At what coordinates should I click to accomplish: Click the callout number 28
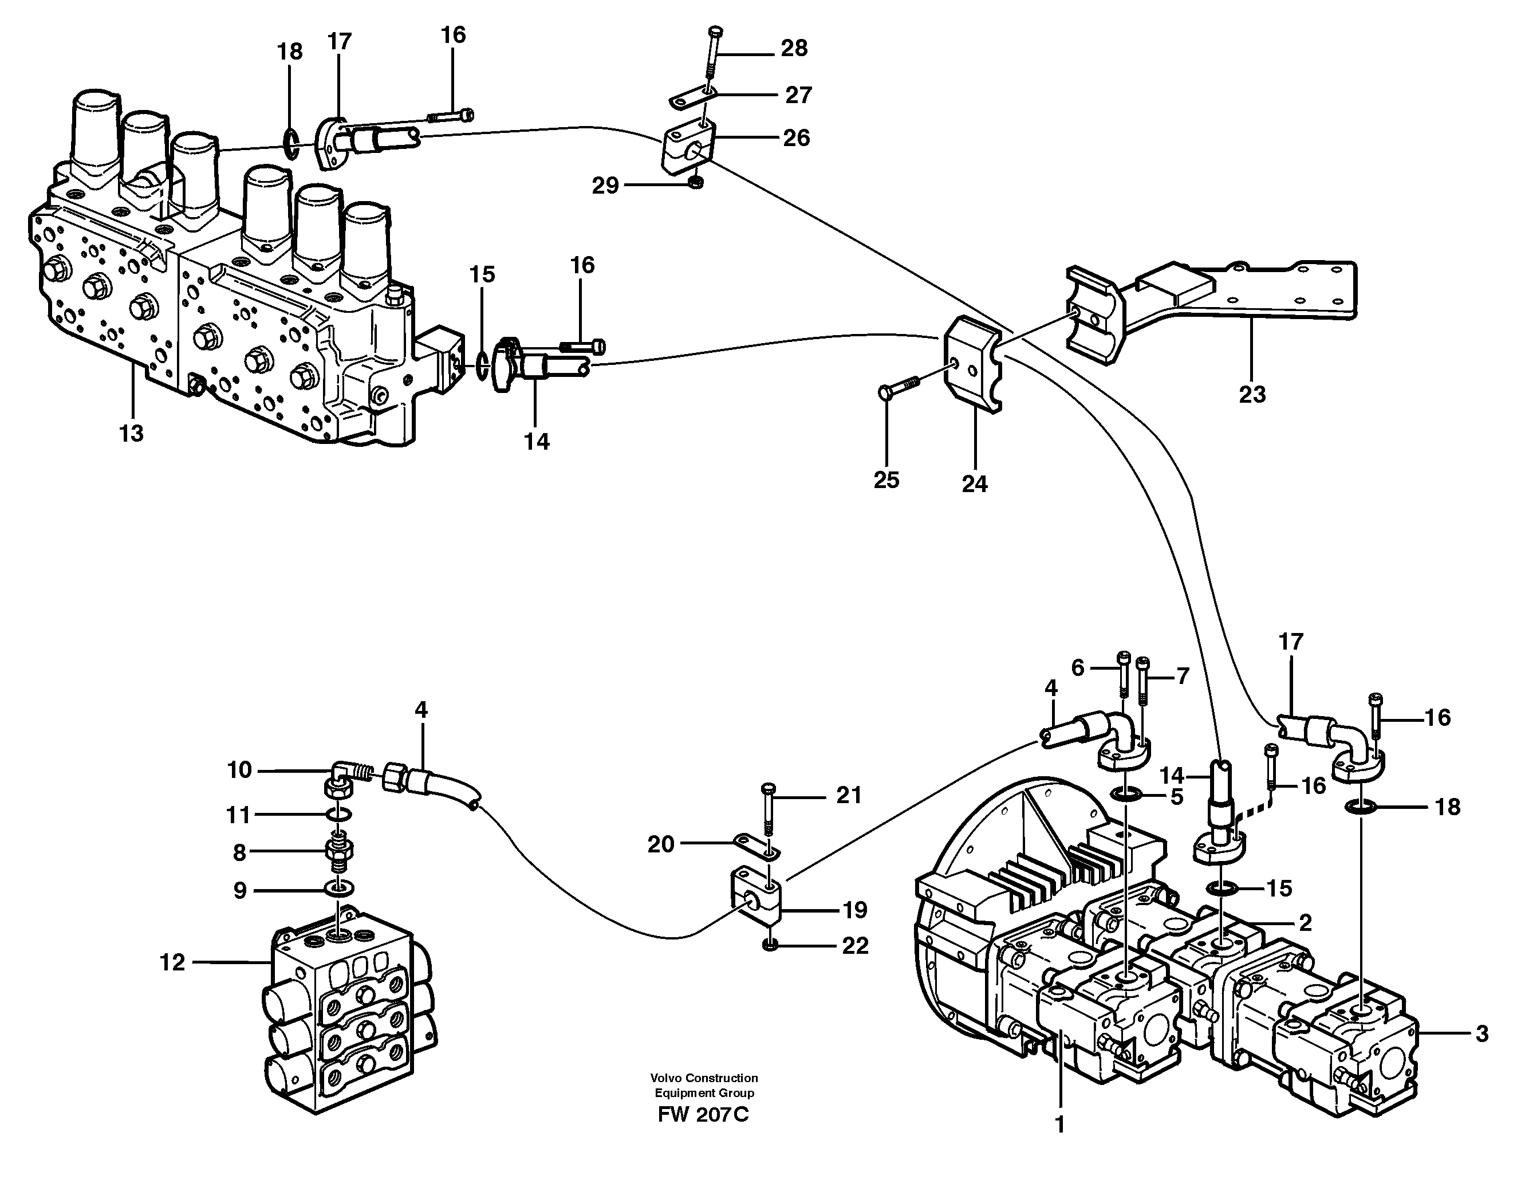[794, 49]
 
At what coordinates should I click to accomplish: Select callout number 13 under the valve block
[132, 434]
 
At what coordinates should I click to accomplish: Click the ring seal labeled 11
[339, 815]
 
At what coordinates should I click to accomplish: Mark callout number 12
[172, 962]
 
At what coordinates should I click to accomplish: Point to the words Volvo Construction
[704, 1078]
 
